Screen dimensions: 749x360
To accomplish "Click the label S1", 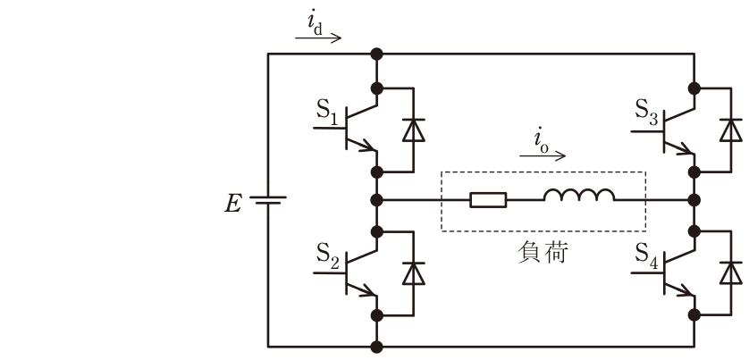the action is [x=327, y=111].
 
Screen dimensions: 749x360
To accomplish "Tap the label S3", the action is [x=645, y=111].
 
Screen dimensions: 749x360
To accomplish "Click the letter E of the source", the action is [x=233, y=205].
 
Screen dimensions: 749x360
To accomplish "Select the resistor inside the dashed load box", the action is [x=488, y=200].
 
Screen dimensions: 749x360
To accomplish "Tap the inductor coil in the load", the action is [x=579, y=195].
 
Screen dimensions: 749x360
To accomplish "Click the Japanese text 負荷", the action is [x=543, y=253].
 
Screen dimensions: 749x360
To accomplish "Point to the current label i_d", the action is [x=316, y=25].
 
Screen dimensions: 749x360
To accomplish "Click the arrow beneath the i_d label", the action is [x=318, y=38].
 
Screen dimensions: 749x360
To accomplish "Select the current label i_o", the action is [x=541, y=142].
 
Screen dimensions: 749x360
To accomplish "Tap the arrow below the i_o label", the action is [x=543, y=155].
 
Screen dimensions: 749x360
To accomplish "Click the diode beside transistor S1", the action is [x=414, y=130].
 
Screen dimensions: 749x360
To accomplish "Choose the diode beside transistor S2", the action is [x=414, y=273].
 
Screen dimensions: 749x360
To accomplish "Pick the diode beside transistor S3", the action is [x=731, y=130].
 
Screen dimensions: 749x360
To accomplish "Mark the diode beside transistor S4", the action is [x=731, y=273].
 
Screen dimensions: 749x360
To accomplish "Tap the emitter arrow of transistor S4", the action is [x=685, y=289].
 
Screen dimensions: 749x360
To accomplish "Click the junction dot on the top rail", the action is [x=377, y=54].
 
